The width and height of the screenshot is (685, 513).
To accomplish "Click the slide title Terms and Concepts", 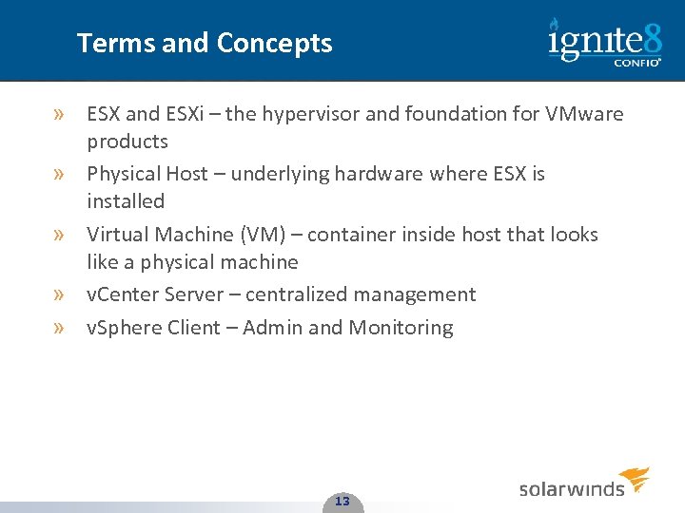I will (205, 44).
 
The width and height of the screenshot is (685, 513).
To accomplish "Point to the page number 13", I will (342, 501).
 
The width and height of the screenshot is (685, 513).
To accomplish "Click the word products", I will (127, 142).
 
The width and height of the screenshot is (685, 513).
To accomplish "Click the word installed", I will (126, 201).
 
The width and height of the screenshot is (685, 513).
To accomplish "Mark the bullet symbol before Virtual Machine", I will (60, 234).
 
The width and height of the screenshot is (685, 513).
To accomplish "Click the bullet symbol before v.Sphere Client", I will (60, 328).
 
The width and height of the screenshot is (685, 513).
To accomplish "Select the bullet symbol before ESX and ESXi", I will (60, 114).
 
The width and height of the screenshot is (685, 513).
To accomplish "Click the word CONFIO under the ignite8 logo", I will (636, 64).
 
